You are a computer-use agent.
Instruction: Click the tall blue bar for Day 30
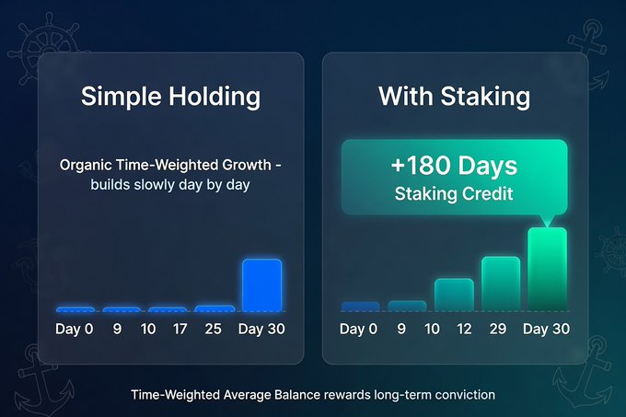tap(261, 285)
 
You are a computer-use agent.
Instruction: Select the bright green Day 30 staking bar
tap(548, 269)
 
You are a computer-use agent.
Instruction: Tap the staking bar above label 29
tap(501, 284)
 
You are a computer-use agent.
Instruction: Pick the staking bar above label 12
tap(454, 295)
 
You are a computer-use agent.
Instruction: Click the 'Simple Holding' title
tap(170, 97)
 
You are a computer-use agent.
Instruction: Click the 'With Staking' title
tap(455, 97)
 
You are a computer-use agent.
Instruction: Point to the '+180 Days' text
tap(455, 165)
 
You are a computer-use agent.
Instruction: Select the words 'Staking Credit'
tap(454, 194)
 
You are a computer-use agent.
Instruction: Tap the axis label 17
tap(180, 329)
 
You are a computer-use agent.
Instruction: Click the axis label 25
tap(213, 329)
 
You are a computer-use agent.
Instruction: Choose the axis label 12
tap(464, 329)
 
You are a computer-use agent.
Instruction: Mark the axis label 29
tap(498, 329)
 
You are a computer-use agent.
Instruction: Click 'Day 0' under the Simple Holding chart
tap(75, 329)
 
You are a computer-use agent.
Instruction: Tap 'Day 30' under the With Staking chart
tap(546, 329)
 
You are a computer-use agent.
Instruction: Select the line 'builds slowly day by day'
tap(170, 185)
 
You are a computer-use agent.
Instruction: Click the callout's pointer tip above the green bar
tap(548, 226)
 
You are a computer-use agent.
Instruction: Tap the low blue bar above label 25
tap(214, 308)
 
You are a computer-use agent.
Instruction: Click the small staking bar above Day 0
tap(360, 307)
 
